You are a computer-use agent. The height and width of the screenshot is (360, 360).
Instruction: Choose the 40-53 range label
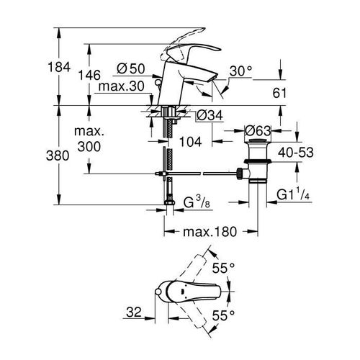[x=315, y=153]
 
